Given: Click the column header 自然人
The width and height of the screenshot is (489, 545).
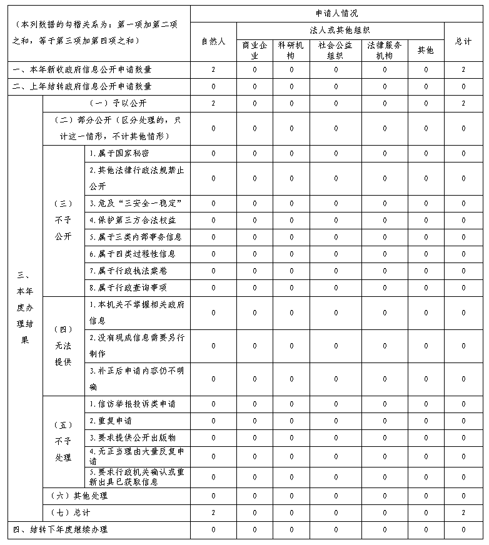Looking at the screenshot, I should coord(213,41).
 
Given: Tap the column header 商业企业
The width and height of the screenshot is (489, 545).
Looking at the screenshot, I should coord(255,50).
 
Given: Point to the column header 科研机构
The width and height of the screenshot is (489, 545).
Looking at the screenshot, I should coord(291,50).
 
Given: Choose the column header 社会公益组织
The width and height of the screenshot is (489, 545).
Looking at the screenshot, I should coord(335,50).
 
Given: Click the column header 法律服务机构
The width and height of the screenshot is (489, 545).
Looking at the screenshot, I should coord(385,50).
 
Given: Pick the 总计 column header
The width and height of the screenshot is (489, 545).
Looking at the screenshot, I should coord(463,41).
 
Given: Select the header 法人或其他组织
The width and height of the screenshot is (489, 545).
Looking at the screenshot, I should coord(340,30).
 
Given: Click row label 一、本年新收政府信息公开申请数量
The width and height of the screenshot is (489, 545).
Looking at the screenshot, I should coord(83,69).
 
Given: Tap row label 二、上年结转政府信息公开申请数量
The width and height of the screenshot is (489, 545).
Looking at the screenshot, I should coord(83,86).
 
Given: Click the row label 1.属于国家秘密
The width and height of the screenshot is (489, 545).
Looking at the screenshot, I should coord(119,153).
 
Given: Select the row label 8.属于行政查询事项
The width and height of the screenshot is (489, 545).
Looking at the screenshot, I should coord(128,287).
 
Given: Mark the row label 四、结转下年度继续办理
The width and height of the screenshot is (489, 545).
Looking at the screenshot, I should coord(61,529).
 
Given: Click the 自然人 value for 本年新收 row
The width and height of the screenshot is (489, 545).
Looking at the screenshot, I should coord(213,69).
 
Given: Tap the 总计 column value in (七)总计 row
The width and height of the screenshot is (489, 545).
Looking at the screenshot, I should coord(463,512).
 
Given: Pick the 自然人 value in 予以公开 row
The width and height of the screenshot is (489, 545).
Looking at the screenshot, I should coord(213,103).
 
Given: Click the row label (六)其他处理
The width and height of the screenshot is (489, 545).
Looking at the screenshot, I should coord(79,496).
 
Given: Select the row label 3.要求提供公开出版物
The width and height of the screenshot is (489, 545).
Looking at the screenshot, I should coord(132,437).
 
